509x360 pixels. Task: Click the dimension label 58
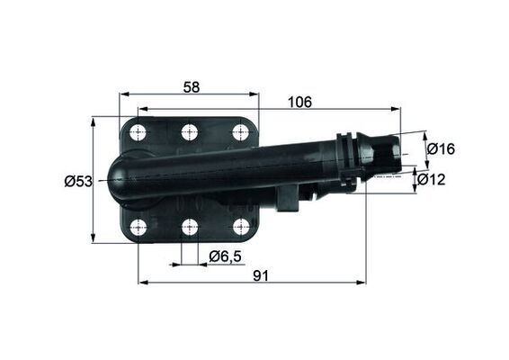[190, 86]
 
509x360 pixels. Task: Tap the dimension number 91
[261, 275]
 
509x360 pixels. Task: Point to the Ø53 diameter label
[78, 181]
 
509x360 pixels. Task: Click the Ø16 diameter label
[440, 148]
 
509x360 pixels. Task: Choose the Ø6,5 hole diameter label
[225, 256]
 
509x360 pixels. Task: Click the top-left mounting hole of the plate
[138, 133]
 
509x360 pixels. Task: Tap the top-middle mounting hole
[189, 132]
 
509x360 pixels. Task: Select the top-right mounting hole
[241, 132]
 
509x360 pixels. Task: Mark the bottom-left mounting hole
[138, 227]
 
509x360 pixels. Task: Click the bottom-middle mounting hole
[189, 227]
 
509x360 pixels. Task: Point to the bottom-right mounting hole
[241, 227]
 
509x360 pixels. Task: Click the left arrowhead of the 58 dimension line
[124, 94]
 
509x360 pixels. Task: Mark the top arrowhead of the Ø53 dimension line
[93, 120]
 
